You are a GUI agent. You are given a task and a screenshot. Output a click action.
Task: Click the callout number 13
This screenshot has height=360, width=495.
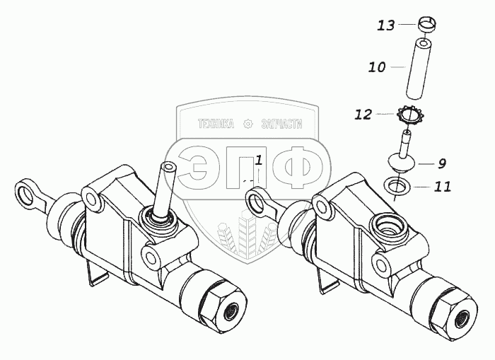tap(385, 26)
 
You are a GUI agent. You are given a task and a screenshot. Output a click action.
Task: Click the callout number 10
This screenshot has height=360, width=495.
tap(377, 68)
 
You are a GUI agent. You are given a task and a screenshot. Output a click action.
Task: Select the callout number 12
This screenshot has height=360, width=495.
tap(363, 114)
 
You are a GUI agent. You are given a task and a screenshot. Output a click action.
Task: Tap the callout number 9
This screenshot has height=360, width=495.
tap(441, 163)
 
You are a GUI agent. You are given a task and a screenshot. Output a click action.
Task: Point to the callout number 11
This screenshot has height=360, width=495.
tap(442, 187)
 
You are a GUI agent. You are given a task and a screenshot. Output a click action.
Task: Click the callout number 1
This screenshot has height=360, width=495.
tap(259, 159)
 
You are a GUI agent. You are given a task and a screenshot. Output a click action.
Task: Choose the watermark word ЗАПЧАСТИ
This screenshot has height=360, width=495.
tap(281, 124)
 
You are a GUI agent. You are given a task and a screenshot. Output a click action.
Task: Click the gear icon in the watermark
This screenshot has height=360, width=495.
tap(247, 124)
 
